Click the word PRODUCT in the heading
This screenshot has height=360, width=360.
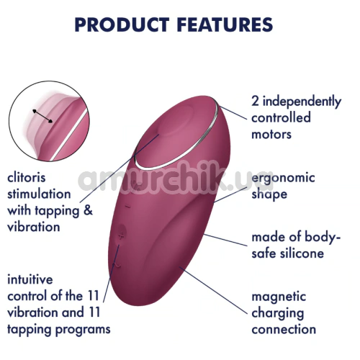122,24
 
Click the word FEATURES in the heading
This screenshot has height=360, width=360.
225,24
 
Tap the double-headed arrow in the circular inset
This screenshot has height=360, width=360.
42,116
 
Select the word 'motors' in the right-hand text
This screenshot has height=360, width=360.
271,134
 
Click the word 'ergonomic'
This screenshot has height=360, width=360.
283,179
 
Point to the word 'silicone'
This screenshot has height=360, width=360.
302,253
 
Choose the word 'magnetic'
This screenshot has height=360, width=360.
279,297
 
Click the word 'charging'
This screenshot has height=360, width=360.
278,313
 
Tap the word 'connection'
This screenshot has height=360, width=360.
284,329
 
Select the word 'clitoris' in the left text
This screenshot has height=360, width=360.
27,178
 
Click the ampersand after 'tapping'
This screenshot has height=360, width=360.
89,210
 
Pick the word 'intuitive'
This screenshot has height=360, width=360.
30,279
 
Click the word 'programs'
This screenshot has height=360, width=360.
83,330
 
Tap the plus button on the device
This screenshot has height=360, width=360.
122,236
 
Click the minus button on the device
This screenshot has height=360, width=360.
127,206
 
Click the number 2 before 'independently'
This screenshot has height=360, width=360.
255,102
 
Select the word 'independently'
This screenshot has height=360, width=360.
302,102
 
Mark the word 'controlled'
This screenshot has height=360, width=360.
281,117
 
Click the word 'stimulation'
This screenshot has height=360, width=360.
39,194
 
